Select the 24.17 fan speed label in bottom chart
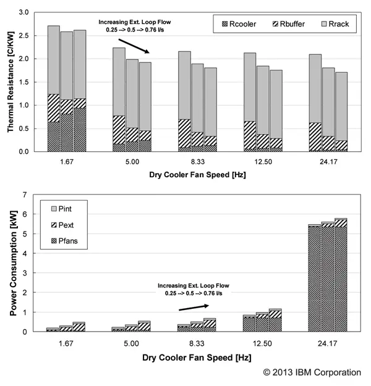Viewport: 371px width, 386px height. pyautogui.click(x=330, y=342)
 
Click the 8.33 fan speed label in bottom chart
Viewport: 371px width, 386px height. pyautogui.click(x=198, y=342)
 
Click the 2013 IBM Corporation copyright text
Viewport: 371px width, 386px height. pyautogui.click(x=312, y=372)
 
